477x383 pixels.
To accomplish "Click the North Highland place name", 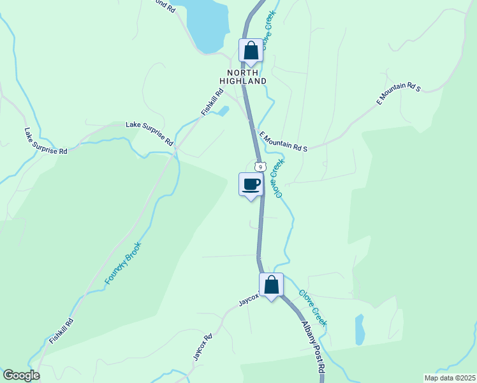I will (x=243, y=77).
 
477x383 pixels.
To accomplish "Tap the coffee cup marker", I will (x=251, y=184).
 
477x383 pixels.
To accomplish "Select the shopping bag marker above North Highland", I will (x=251, y=50).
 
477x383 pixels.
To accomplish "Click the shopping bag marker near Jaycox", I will (x=271, y=285).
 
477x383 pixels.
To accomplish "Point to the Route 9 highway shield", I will (x=259, y=166).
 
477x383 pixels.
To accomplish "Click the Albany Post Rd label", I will (x=312, y=348).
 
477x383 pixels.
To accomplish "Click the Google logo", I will (x=21, y=375).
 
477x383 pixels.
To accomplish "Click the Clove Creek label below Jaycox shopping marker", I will (x=312, y=308).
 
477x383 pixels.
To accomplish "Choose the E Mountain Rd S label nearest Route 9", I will (x=283, y=141).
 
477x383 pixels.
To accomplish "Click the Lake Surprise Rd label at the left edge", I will (x=45, y=141).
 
